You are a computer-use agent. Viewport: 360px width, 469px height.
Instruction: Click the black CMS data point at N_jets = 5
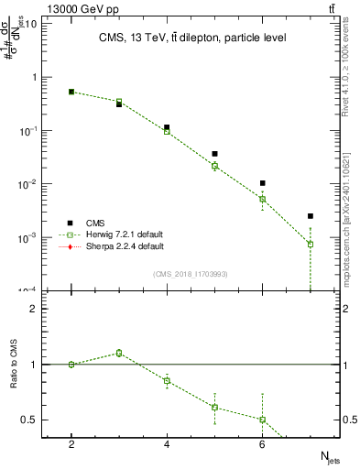(x=214, y=154)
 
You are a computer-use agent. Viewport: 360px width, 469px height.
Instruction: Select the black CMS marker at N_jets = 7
(x=311, y=216)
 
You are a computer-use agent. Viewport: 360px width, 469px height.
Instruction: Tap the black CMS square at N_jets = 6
(x=262, y=183)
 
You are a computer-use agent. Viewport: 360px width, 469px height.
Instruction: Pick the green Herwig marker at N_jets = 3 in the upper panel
(x=119, y=102)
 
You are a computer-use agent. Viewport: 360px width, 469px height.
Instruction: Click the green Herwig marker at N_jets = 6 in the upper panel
(x=262, y=199)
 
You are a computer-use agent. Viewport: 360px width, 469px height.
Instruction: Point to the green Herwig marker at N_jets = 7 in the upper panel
(x=311, y=245)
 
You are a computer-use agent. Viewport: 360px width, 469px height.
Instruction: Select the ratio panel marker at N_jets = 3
(x=119, y=353)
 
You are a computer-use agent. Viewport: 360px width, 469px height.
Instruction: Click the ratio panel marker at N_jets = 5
(x=214, y=407)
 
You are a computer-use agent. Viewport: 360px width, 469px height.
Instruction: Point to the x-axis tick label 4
(x=167, y=444)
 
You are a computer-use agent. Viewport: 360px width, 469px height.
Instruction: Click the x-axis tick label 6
(x=262, y=444)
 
